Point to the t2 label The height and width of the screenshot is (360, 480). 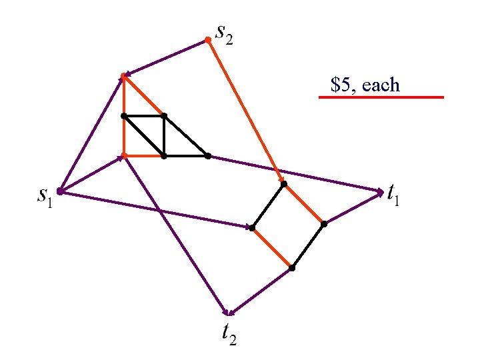(229, 333)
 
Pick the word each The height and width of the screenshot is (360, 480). (382, 85)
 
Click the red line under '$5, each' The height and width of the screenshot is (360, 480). (381, 97)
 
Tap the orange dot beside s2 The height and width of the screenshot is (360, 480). (207, 41)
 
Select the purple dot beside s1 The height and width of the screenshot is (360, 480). (59, 191)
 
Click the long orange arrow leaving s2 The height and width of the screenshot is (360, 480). (244, 109)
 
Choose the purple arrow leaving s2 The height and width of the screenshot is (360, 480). (166, 58)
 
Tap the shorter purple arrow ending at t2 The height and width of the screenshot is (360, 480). (260, 291)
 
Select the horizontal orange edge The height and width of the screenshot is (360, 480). (144, 156)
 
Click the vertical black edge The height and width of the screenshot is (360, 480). (164, 136)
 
